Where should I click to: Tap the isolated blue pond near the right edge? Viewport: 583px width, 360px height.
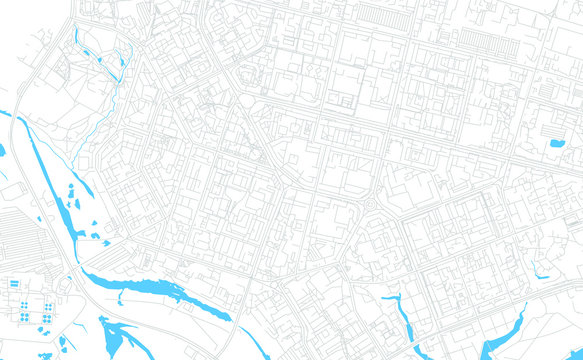[x=556, y=143]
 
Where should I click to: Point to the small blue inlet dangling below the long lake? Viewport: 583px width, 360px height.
[x=119, y=298]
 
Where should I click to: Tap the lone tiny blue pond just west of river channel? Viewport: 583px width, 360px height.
[x=3, y=150]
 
